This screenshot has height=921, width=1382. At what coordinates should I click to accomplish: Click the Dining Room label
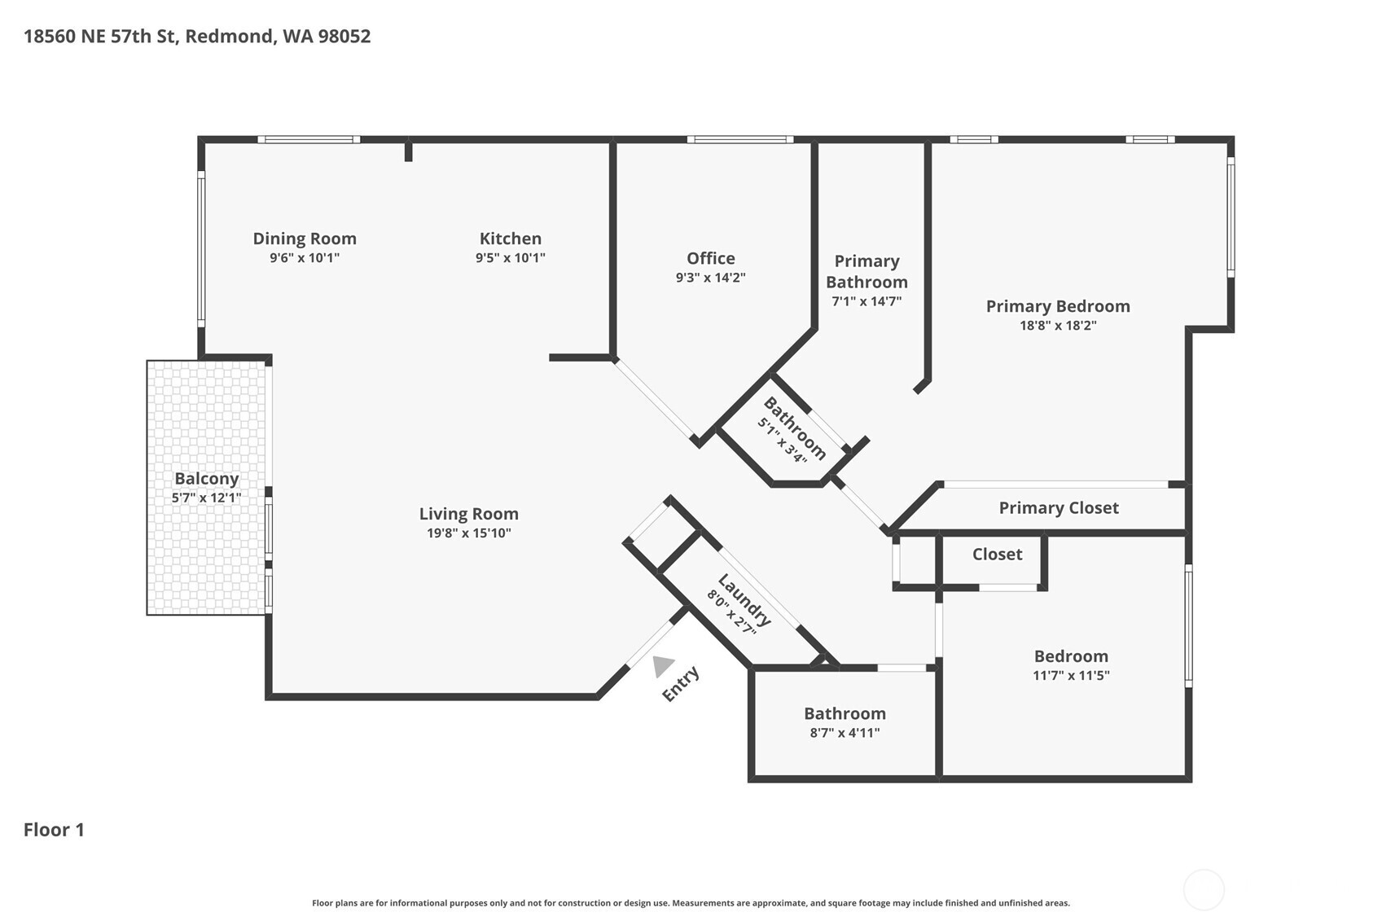tap(304, 239)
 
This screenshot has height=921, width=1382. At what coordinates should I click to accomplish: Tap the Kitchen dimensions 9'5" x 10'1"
tap(510, 258)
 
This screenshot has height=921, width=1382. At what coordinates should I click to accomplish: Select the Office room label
tap(710, 258)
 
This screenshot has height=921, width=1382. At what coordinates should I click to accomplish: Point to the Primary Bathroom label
tap(866, 271)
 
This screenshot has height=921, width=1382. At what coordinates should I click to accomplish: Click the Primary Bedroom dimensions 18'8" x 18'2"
tap(1058, 326)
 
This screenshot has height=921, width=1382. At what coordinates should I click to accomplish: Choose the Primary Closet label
tap(1058, 508)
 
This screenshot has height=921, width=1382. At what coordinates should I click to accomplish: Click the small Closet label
tap(997, 555)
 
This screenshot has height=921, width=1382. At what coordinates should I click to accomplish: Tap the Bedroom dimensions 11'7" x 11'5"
tap(1071, 675)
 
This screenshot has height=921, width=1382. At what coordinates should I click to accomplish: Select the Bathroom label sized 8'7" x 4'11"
tap(845, 713)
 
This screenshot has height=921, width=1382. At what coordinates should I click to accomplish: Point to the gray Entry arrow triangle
tap(662, 665)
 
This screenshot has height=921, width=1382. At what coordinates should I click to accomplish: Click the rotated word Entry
tap(681, 684)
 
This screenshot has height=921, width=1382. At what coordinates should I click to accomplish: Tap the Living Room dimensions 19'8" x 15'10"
tap(468, 533)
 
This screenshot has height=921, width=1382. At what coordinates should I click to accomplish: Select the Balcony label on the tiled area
tap(206, 479)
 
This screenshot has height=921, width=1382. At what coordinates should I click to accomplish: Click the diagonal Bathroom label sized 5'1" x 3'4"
tap(794, 428)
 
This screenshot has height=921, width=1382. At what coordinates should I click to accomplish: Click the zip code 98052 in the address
tap(344, 37)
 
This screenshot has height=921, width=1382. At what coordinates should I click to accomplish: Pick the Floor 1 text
tap(54, 830)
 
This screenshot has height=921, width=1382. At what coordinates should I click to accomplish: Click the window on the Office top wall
tap(739, 140)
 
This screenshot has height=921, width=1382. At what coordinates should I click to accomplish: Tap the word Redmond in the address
tap(230, 37)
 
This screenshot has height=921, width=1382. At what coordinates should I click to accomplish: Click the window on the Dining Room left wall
tap(201, 248)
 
